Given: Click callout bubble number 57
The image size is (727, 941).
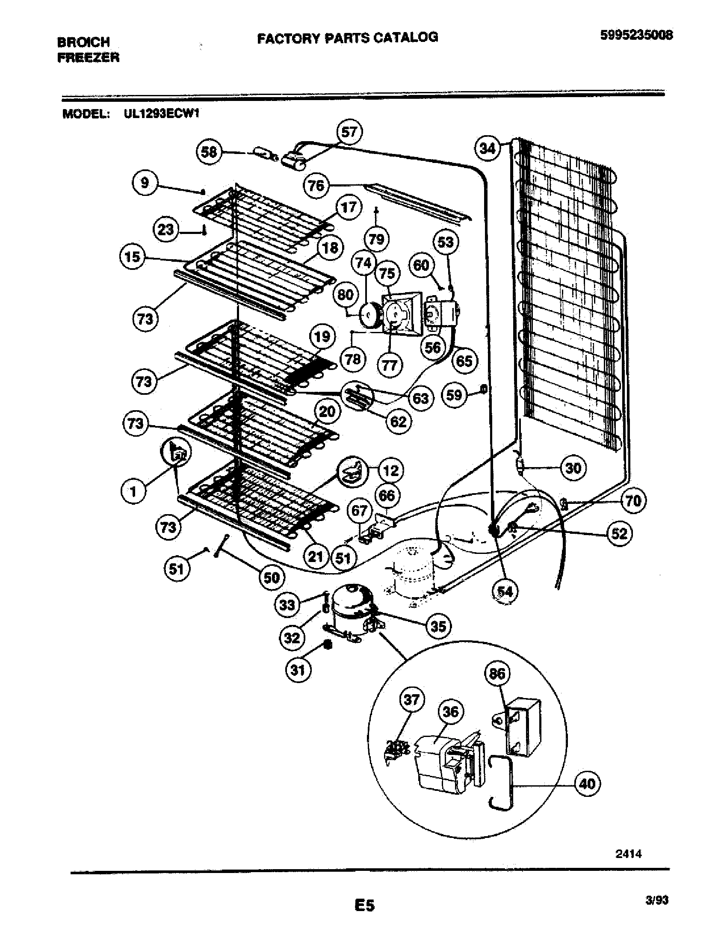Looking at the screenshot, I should [x=349, y=132].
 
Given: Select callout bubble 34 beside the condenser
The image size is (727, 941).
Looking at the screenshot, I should [x=488, y=149].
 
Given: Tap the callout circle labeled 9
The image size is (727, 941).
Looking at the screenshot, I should [x=145, y=183].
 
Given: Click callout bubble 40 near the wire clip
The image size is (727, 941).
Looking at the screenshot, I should [x=588, y=783].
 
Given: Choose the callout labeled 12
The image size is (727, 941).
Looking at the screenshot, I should [x=390, y=470].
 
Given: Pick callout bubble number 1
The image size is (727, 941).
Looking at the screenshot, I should [x=133, y=491].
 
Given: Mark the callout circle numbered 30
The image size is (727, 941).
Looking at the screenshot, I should [x=573, y=468].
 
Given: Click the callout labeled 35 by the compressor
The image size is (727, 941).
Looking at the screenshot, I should [x=438, y=626].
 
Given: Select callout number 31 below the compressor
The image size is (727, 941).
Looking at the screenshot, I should [x=298, y=669].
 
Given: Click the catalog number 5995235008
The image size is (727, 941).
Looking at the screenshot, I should [x=637, y=36].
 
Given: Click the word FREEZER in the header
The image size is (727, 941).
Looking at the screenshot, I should [x=88, y=57].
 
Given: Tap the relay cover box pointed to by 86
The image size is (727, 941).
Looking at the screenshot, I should [x=523, y=727].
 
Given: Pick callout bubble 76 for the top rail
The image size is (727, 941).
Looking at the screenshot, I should [x=316, y=186].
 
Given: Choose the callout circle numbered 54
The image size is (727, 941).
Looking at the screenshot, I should [x=505, y=592].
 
